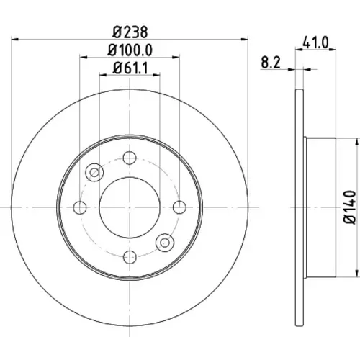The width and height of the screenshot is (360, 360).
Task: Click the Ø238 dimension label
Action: (x=130, y=32)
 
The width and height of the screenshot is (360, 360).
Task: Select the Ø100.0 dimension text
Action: (x=130, y=50)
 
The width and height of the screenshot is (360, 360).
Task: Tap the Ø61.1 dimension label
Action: (x=130, y=68)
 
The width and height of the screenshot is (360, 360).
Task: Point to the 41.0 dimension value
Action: (x=315, y=43)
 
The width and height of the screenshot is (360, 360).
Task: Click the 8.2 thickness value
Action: (x=271, y=63)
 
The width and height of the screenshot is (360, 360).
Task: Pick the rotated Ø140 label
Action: (x=350, y=207)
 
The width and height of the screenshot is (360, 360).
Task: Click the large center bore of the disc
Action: (x=130, y=207)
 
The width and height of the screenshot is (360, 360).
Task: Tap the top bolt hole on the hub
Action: (x=130, y=158)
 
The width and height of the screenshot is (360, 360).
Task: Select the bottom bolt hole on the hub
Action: (x=130, y=257)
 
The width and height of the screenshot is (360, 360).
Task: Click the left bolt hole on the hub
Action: (x=80, y=207)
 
